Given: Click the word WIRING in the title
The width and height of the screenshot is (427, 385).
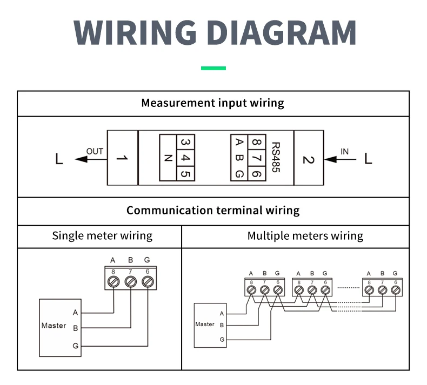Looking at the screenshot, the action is (x=135, y=32).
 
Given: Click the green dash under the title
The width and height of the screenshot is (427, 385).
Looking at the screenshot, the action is (x=213, y=68).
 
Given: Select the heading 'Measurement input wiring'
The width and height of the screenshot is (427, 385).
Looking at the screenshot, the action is (x=212, y=103).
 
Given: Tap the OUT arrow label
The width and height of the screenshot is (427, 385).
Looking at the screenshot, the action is (x=95, y=151).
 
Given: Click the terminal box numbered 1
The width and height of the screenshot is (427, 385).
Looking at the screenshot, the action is (x=123, y=158).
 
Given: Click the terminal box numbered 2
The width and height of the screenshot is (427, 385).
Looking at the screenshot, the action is (x=309, y=158).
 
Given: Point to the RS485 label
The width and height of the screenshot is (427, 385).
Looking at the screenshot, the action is (x=276, y=157).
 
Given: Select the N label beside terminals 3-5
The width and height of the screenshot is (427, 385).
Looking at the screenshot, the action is (x=168, y=158).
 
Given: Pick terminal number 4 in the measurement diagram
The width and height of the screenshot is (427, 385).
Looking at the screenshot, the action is (x=185, y=158).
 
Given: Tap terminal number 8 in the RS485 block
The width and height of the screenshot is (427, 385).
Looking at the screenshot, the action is (x=257, y=142).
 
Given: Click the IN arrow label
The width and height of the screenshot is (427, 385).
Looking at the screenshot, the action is (x=344, y=152).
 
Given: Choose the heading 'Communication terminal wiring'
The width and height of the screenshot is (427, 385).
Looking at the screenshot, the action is (x=213, y=211).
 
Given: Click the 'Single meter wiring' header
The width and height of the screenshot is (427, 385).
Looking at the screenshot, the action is (x=102, y=236).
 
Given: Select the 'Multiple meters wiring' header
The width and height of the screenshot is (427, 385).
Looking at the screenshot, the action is (x=305, y=236).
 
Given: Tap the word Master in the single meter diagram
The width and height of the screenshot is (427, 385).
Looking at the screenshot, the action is (x=54, y=326).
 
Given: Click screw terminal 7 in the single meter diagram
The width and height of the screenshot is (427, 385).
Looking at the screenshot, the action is (x=130, y=281).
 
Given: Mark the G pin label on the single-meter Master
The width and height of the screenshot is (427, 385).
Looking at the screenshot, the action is (x=76, y=346).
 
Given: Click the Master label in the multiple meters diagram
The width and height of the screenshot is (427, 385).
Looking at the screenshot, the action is (x=205, y=324).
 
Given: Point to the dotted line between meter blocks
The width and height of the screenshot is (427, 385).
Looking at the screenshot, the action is (x=349, y=287).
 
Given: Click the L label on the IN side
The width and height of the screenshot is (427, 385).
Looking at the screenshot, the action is (x=368, y=158).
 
